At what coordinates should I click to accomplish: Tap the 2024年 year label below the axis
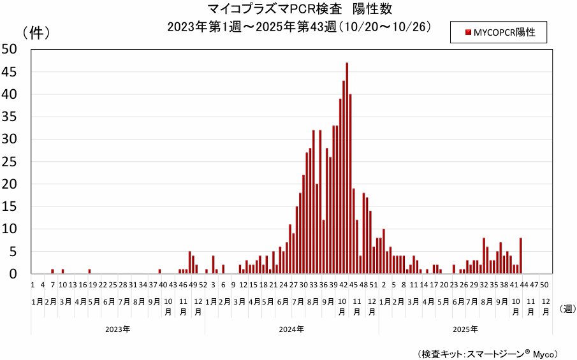(291, 329)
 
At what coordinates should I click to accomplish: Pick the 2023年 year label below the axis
(118, 329)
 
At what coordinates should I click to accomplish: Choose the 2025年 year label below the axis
(465, 329)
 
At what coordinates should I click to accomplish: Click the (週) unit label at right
(566, 309)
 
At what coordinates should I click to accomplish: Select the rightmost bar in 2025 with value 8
(521, 256)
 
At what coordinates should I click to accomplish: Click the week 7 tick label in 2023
(53, 285)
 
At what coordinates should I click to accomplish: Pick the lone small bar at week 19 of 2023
(89, 271)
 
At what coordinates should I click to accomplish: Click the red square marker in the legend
(468, 32)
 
